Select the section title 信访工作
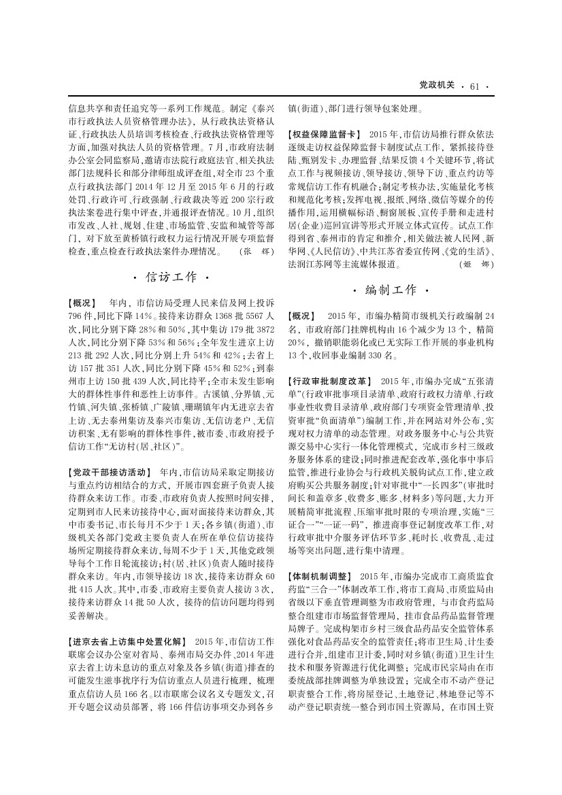pyautogui.click(x=171, y=277)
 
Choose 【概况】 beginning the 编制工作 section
pyautogui.click(x=301, y=316)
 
